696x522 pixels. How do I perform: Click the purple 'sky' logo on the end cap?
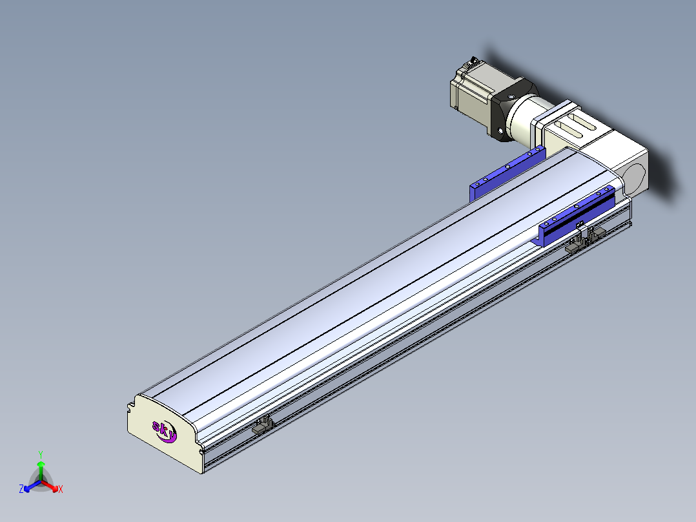point(164,431)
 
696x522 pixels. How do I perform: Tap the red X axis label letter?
point(61,489)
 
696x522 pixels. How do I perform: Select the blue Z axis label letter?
point(21,488)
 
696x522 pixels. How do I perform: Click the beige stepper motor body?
point(471,92)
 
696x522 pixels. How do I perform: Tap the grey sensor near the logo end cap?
point(262,425)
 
